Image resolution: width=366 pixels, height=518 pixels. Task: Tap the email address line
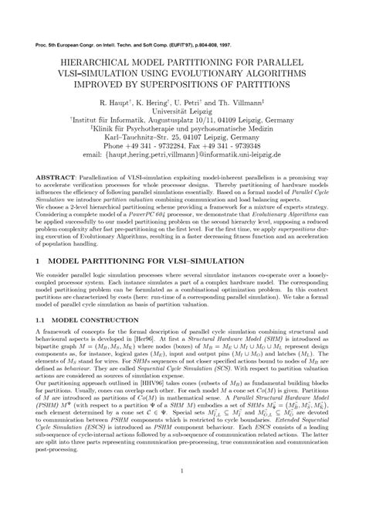[183, 155]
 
